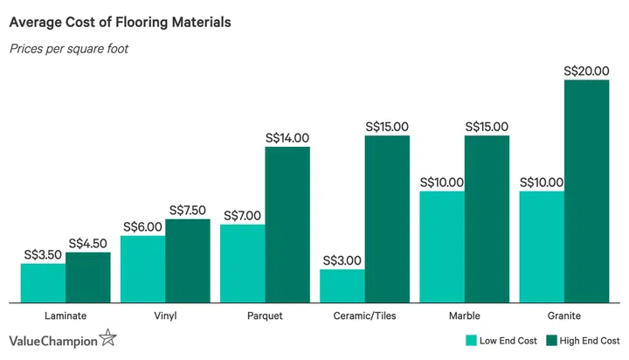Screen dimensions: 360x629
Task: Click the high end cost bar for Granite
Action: (x=586, y=191)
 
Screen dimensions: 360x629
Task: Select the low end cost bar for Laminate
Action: (x=43, y=283)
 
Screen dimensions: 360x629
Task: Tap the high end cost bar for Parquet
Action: (x=287, y=225)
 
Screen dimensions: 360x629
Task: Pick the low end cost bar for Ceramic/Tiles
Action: (x=342, y=286)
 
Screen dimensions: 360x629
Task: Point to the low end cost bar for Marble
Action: (x=441, y=246)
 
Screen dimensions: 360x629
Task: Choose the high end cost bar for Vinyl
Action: (x=188, y=260)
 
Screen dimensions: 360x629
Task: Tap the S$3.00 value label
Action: (x=342, y=260)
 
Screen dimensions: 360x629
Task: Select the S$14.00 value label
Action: (x=287, y=138)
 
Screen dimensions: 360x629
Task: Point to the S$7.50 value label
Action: (x=188, y=210)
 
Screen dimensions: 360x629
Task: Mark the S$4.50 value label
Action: (x=88, y=244)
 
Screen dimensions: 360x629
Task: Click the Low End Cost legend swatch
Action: (x=471, y=340)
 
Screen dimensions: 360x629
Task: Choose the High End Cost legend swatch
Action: (x=551, y=340)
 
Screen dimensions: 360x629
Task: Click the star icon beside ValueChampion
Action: (x=107, y=338)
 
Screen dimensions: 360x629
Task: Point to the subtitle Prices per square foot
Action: (x=69, y=49)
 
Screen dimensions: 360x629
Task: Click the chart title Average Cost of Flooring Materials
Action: (x=120, y=22)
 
